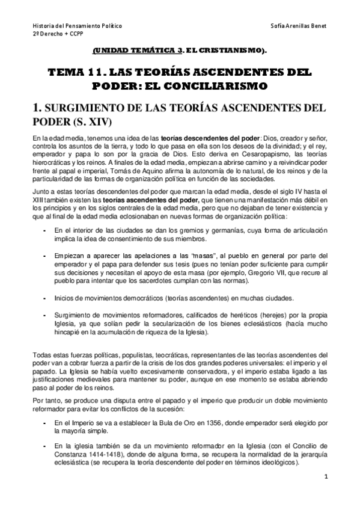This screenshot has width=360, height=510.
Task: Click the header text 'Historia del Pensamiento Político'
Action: pyautogui.click(x=77, y=27)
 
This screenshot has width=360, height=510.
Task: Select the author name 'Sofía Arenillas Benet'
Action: pyautogui.click(x=300, y=27)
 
